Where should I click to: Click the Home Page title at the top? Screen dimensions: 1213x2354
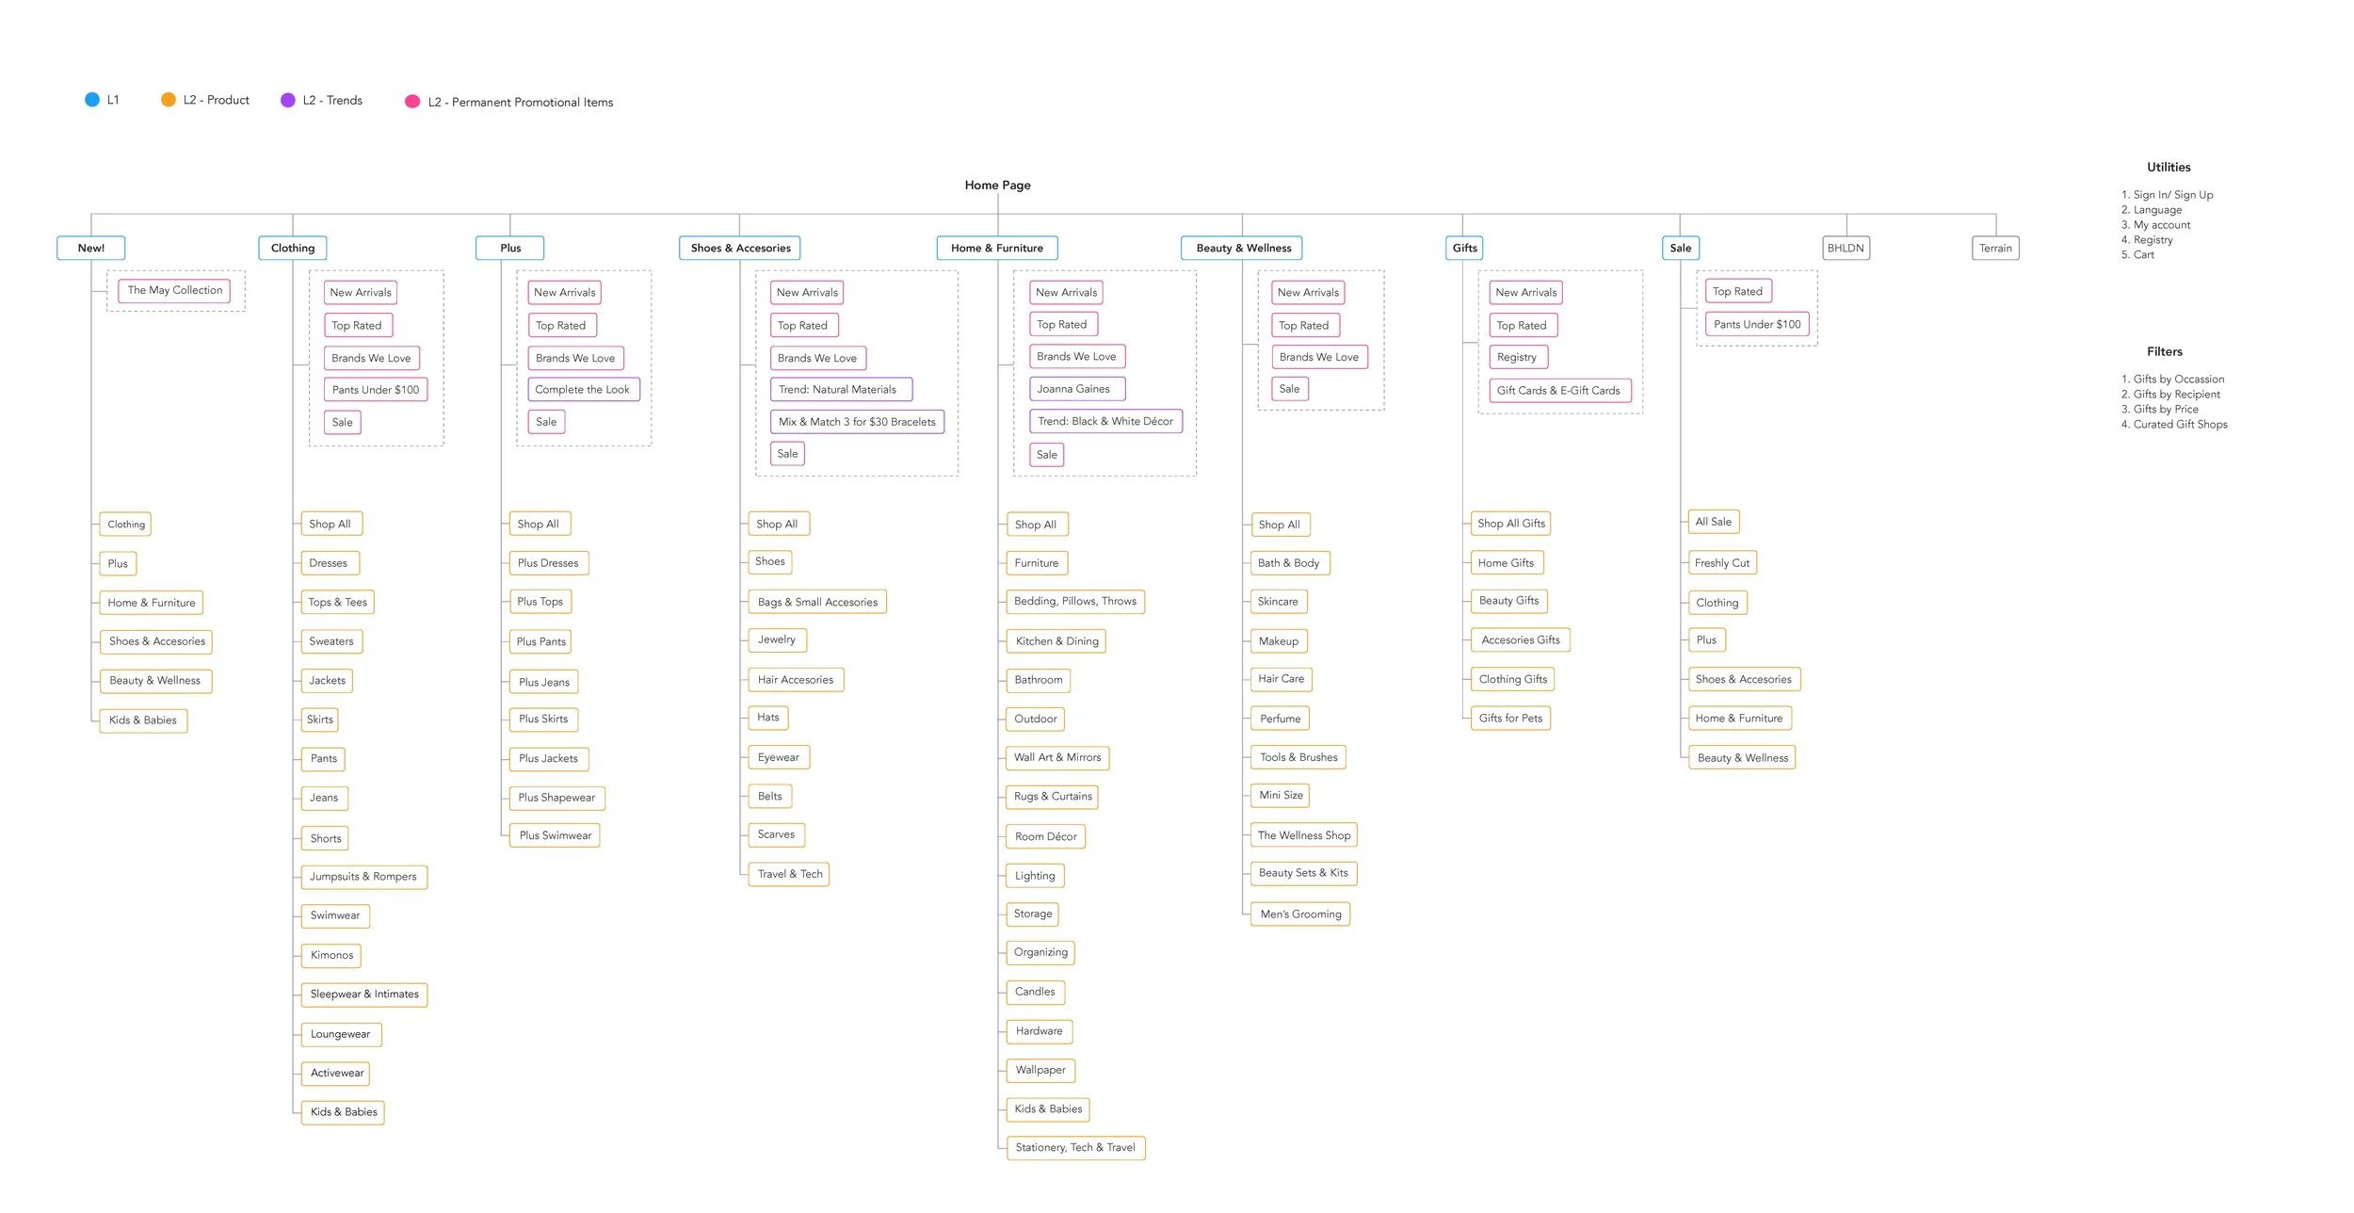click(x=997, y=186)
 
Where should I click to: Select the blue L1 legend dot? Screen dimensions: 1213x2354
click(x=92, y=100)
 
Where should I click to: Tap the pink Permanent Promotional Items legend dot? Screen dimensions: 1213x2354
click(x=412, y=102)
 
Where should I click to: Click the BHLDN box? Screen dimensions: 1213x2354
click(x=1846, y=249)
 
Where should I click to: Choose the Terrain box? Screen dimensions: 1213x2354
click(x=1995, y=249)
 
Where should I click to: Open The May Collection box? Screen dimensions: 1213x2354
click(x=175, y=291)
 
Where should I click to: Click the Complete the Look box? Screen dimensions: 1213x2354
click(x=583, y=390)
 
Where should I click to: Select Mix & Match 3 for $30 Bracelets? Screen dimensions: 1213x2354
click(x=857, y=422)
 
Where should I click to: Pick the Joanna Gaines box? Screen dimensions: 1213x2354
click(x=1073, y=389)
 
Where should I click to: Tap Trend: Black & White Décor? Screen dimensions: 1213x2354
click(x=1105, y=422)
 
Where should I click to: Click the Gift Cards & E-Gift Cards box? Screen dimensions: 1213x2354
click(x=1558, y=391)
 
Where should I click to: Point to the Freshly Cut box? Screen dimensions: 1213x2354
click(x=1721, y=563)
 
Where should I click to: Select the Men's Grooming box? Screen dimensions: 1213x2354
click(x=1300, y=914)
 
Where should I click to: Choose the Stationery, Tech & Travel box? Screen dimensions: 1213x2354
click(x=1075, y=1148)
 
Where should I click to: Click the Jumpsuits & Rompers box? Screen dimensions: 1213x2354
click(x=363, y=877)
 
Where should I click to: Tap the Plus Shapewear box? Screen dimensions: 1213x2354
click(x=556, y=798)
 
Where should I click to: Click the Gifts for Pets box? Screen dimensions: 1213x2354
click(x=1510, y=719)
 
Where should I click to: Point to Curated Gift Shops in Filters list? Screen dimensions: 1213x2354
click(x=2180, y=425)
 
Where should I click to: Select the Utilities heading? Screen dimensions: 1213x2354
click(x=2169, y=168)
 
